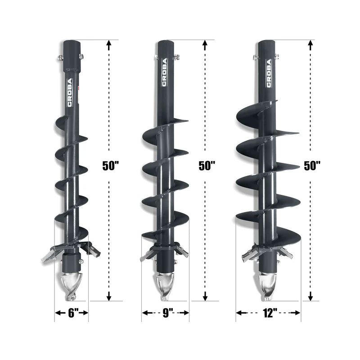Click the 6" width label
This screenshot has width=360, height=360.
click(x=73, y=313)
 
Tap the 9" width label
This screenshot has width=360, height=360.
click(x=168, y=313)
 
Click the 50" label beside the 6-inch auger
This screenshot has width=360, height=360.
click(x=110, y=166)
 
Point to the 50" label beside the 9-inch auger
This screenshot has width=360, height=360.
click(x=207, y=166)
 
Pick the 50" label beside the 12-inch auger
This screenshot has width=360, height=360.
click(x=312, y=166)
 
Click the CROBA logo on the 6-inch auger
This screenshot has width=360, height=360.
click(x=70, y=92)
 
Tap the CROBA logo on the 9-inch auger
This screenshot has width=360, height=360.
click(x=164, y=72)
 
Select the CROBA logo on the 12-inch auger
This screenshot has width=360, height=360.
click(x=269, y=73)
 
